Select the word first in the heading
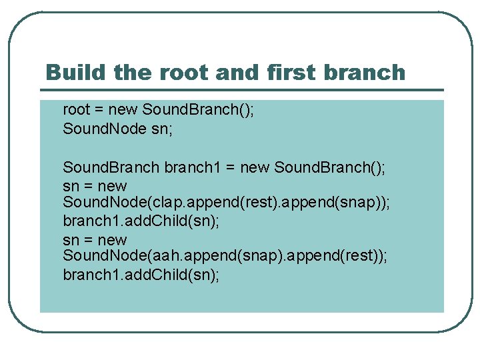tap(293, 72)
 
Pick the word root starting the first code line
tap(75, 110)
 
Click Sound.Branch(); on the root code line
tap(198, 110)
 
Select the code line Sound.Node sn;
tap(117, 129)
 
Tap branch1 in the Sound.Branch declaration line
tap(192, 167)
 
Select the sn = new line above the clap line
tap(95, 186)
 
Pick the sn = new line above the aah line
tap(95, 240)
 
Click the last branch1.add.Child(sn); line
tap(141, 275)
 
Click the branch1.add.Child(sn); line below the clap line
tap(141, 221)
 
